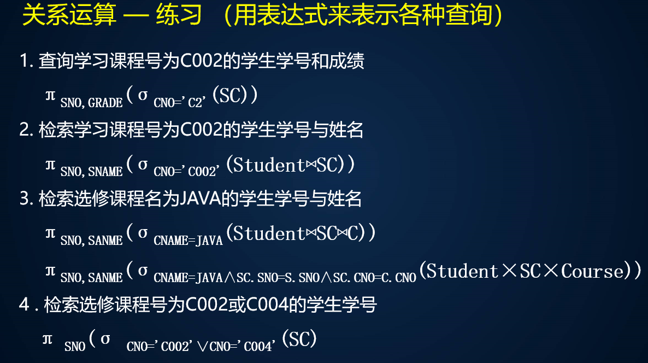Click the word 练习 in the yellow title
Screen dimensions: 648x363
click(179, 15)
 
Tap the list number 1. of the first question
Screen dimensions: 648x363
click(26, 61)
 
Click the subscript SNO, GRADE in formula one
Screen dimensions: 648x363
click(91, 102)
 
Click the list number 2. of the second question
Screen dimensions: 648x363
click(26, 130)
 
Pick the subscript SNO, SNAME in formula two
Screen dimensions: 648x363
click(91, 171)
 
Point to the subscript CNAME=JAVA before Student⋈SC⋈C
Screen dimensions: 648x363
click(188, 240)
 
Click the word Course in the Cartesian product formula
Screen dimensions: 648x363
click(592, 271)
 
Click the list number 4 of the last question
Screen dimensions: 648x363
click(24, 305)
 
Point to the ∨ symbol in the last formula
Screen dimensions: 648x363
click(202, 347)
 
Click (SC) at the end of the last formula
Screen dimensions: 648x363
click(299, 339)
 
